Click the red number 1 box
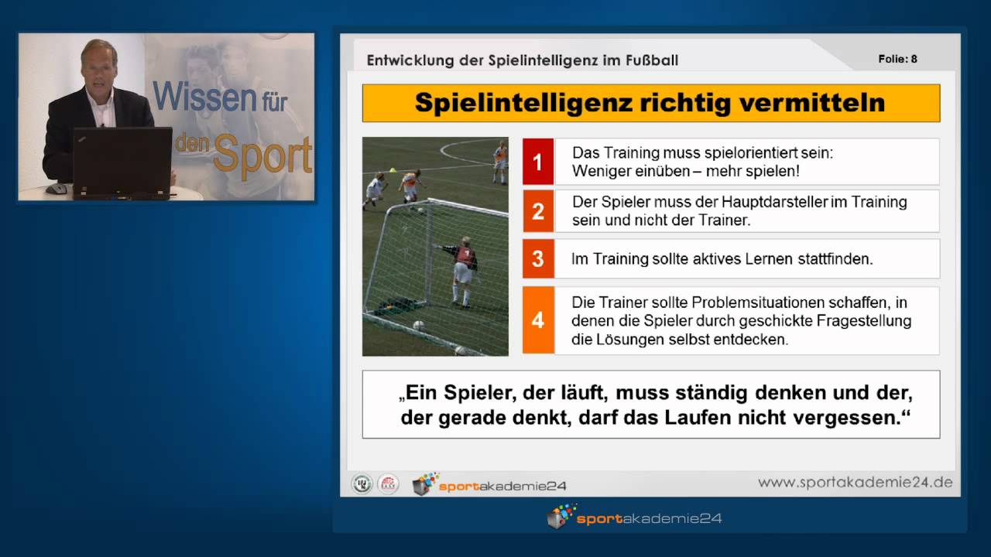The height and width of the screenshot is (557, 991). point(538,162)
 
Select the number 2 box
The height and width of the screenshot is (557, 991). point(538,210)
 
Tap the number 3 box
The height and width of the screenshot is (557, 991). point(538,258)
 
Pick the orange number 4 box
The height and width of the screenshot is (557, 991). point(538,320)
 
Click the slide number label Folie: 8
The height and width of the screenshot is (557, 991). point(898,59)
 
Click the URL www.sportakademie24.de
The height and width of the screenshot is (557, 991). point(855,483)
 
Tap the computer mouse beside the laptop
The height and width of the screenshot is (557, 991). point(57,188)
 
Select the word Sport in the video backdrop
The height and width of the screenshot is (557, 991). point(263,155)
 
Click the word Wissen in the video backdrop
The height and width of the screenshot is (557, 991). point(204,97)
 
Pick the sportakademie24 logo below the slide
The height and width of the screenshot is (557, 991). point(634,518)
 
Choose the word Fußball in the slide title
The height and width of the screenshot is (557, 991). point(650,60)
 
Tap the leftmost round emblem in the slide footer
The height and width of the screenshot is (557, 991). point(362,484)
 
